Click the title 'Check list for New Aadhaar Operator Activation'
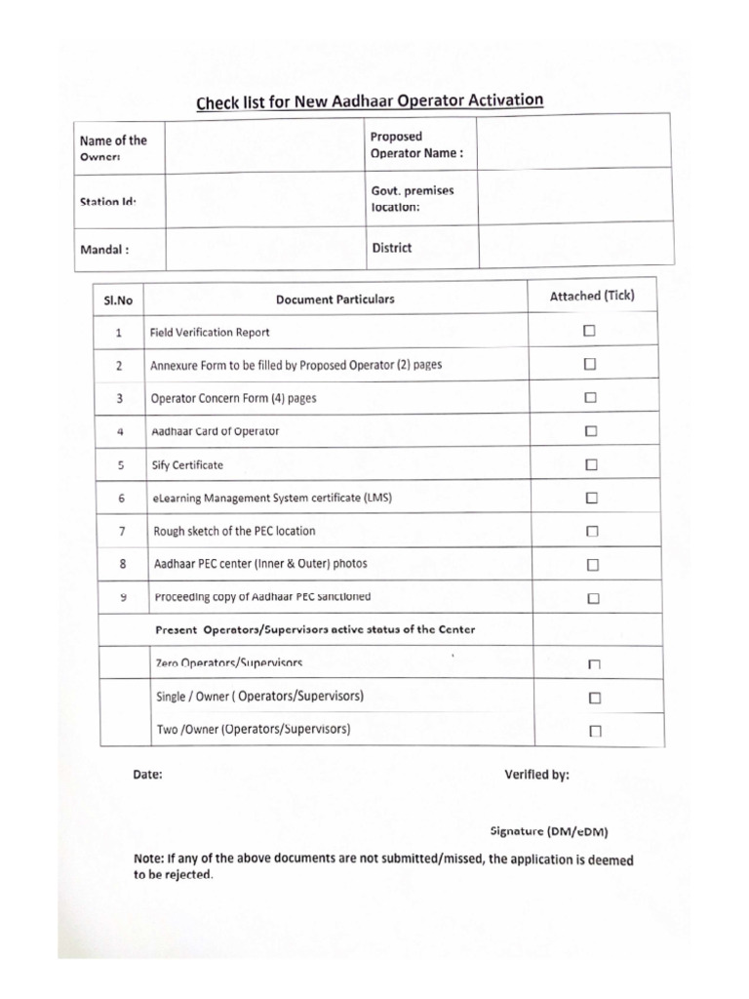click(370, 101)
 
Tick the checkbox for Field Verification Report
click(590, 332)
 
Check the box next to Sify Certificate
click(591, 465)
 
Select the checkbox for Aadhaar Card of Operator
click(591, 431)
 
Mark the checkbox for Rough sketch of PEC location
click(592, 532)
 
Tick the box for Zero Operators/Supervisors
click(594, 664)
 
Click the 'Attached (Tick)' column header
click(592, 296)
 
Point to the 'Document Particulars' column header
click(335, 300)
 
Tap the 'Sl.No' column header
click(118, 300)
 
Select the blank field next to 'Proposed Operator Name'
click(572, 142)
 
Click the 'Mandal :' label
click(104, 248)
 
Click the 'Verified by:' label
click(536, 775)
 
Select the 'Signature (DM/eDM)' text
click(549, 831)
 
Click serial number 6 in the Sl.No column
click(120, 499)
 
